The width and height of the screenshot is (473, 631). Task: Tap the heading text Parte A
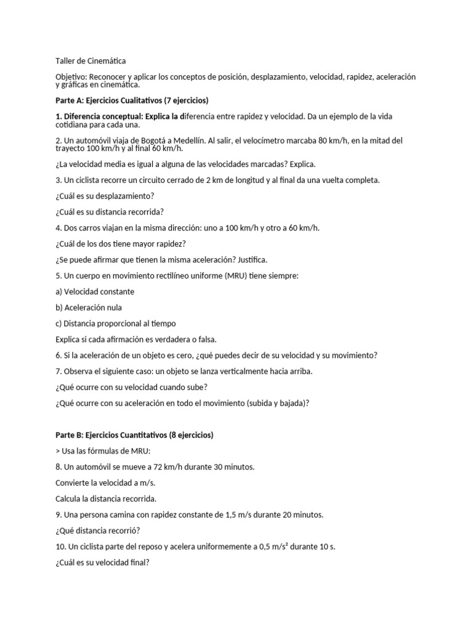tap(70, 100)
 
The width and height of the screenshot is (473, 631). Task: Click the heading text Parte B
tap(70, 435)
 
